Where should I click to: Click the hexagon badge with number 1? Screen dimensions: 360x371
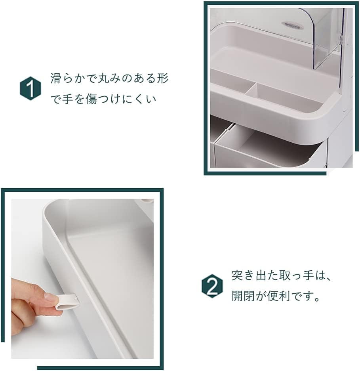pyautogui.click(x=30, y=88)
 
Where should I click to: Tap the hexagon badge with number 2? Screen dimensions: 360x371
pyautogui.click(x=212, y=286)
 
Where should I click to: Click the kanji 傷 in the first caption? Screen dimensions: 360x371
pyautogui.click(x=91, y=99)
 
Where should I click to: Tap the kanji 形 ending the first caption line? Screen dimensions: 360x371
pyautogui.click(x=163, y=78)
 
